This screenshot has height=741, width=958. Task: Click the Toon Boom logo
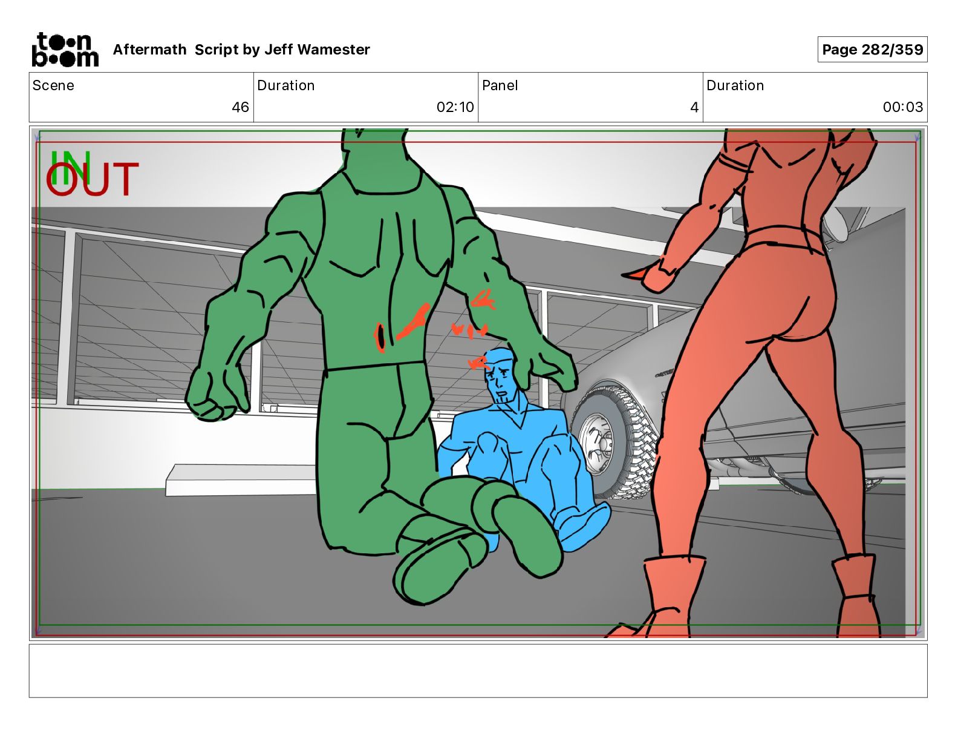(x=65, y=50)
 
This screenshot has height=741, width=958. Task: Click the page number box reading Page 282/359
(x=872, y=50)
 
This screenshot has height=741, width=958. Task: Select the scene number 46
(x=240, y=107)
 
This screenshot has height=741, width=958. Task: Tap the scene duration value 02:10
(x=455, y=107)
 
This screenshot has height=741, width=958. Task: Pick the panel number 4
(x=694, y=107)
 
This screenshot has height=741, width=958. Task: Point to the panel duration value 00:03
(x=902, y=107)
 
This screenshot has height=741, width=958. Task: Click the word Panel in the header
(x=500, y=85)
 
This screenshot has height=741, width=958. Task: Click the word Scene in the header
(x=53, y=85)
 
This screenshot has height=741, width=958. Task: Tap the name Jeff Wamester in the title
(x=317, y=50)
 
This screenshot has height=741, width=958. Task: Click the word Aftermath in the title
(x=150, y=50)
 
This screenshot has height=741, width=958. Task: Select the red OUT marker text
(x=93, y=179)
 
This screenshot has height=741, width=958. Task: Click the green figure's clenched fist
(x=210, y=395)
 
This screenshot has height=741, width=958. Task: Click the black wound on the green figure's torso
(x=380, y=338)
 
